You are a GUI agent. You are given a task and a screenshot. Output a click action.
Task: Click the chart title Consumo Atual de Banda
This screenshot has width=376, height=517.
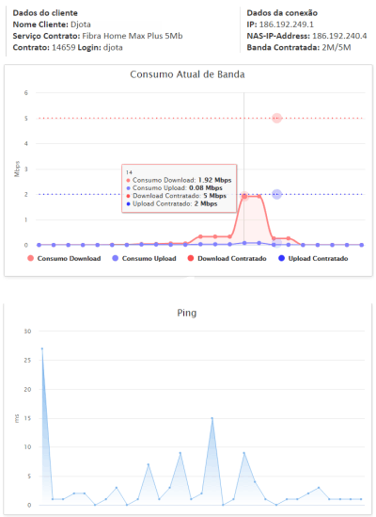(x=187, y=74)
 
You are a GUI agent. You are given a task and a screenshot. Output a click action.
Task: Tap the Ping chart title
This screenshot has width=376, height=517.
(x=187, y=313)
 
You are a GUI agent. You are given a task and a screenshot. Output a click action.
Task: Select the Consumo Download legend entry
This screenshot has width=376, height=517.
(x=64, y=258)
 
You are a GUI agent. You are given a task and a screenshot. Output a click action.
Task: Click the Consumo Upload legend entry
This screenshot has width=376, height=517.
(x=144, y=258)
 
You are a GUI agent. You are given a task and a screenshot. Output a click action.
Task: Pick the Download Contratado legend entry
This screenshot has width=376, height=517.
(x=227, y=258)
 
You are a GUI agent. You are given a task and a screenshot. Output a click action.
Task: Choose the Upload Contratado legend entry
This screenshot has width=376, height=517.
(x=313, y=258)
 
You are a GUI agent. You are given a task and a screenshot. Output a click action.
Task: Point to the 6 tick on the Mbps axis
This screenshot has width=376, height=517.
(x=26, y=93)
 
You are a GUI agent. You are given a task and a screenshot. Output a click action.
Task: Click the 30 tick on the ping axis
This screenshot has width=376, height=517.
(x=27, y=331)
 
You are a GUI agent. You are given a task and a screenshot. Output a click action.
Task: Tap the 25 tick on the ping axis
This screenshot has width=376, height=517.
(x=27, y=360)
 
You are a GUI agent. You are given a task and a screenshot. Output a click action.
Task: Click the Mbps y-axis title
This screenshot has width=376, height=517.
(x=17, y=169)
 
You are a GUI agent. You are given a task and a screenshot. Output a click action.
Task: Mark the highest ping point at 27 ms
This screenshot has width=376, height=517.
(x=42, y=348)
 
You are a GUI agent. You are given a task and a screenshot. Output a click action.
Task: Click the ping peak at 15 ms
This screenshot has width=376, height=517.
(x=212, y=418)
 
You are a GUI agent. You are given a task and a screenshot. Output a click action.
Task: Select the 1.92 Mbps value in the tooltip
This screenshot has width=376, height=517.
(x=214, y=180)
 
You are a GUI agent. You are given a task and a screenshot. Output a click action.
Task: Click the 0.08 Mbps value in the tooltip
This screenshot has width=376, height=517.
(x=206, y=188)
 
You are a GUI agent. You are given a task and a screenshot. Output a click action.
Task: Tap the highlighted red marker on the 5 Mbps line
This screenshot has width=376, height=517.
(x=277, y=118)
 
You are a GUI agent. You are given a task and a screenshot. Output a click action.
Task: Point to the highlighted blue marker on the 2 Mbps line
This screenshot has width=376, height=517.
(x=277, y=194)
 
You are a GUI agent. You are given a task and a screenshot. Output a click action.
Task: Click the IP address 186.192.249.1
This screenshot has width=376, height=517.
(x=287, y=24)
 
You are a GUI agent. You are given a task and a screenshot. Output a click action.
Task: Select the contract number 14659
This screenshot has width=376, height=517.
(x=64, y=47)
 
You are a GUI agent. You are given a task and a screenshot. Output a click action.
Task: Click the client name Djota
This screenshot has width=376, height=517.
(x=81, y=24)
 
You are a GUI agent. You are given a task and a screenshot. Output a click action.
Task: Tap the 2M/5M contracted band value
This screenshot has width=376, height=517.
(x=337, y=47)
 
